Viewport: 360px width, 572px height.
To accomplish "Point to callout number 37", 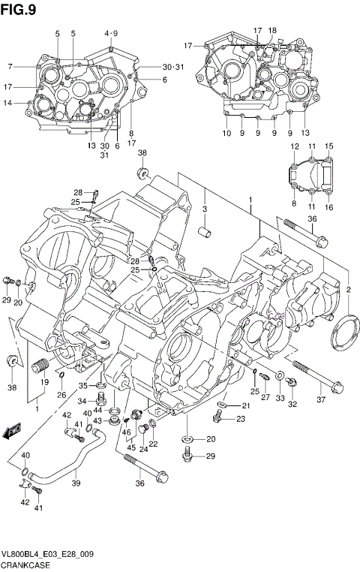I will [x=322, y=399].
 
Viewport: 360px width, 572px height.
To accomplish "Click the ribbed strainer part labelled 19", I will [x=40, y=367].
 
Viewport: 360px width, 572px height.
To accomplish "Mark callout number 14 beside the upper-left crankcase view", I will [x=7, y=103].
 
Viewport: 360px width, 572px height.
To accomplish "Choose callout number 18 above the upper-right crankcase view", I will [x=272, y=31].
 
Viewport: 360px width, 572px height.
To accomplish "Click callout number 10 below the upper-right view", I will [x=226, y=133].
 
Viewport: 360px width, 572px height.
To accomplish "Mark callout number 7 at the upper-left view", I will [x=10, y=66].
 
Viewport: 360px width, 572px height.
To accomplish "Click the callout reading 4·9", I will [x=111, y=33].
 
